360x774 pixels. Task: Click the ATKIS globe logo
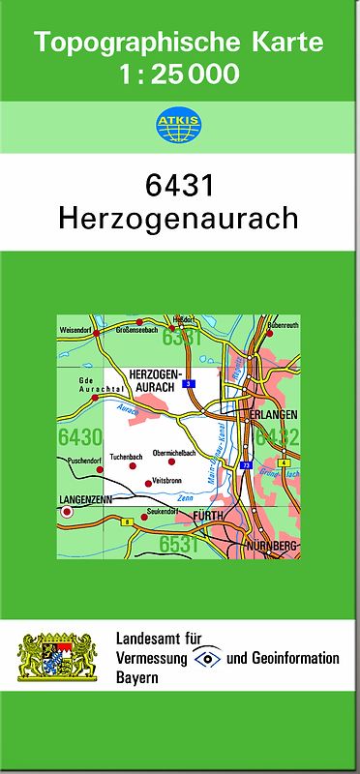click(175, 125)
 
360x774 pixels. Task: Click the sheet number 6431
click(180, 185)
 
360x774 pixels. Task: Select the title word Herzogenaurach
click(180, 218)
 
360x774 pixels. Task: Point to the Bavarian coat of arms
click(59, 658)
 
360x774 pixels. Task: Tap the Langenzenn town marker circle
click(67, 514)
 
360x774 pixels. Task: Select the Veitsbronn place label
click(167, 480)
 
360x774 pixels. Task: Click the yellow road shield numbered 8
click(127, 521)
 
